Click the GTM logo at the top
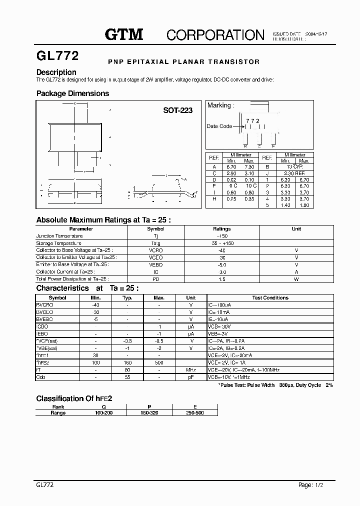pyautogui.click(x=123, y=34)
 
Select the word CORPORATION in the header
pyautogui.click(x=215, y=34)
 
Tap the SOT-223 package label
pyautogui.click(x=177, y=110)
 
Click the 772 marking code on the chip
pyautogui.click(x=252, y=121)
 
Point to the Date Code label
pyautogui.click(x=219, y=126)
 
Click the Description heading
pyautogui.click(x=56, y=72)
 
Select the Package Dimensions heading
pyautogui.click(x=72, y=93)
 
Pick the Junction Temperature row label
pyautogui.click(x=59, y=236)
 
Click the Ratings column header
pyautogui.click(x=221, y=229)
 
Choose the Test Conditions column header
pyautogui.click(x=270, y=297)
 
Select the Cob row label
pyautogui.click(x=40, y=377)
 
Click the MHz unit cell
pyautogui.click(x=190, y=370)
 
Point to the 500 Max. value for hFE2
pyautogui.click(x=159, y=363)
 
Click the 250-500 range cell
pyautogui.click(x=194, y=413)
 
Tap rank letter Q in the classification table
pyautogui.click(x=103, y=407)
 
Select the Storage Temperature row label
pyautogui.click(x=59, y=243)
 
